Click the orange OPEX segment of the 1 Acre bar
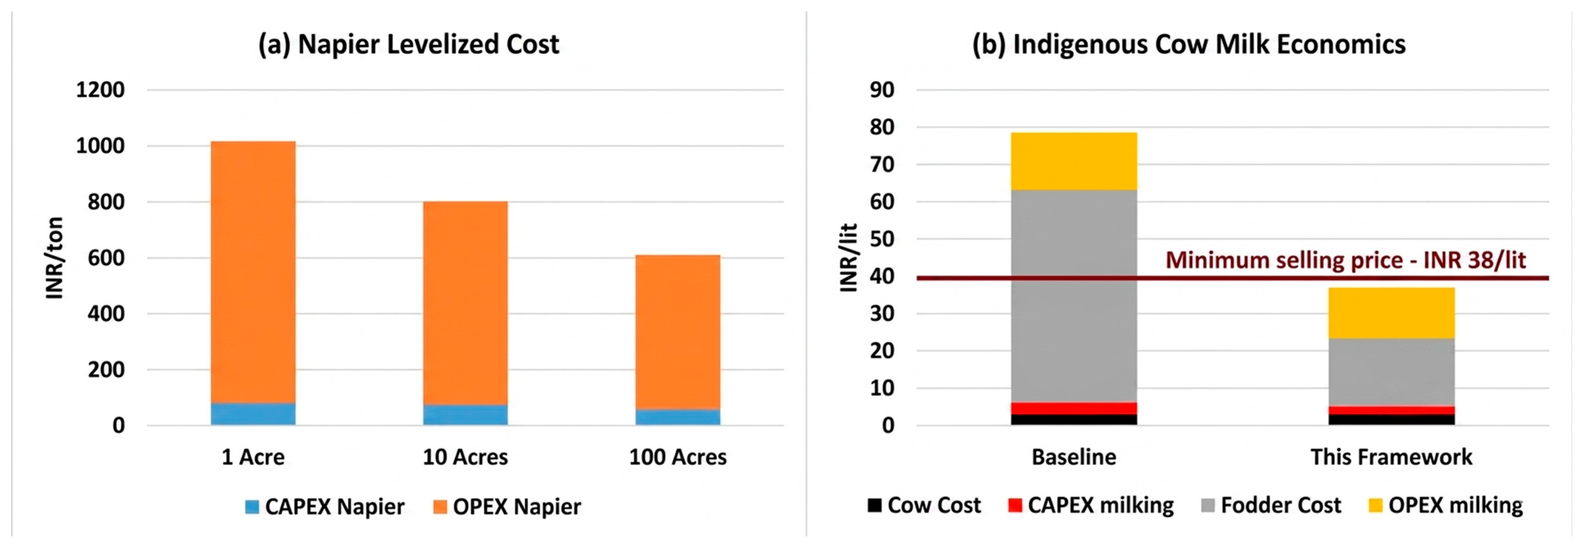click(x=253, y=272)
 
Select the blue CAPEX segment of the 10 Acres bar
click(x=465, y=415)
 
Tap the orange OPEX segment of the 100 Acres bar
click(x=678, y=332)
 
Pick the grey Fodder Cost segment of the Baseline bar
click(x=1074, y=296)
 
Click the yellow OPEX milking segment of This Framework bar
click(x=1391, y=313)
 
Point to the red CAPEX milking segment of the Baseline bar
click(x=1074, y=408)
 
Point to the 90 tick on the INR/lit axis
click(x=882, y=90)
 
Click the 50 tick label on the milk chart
click(x=882, y=239)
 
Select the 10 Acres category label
click(x=465, y=457)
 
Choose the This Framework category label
click(x=1391, y=457)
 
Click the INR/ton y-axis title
click(x=54, y=258)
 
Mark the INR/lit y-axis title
click(x=848, y=258)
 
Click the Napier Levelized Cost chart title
click(x=408, y=44)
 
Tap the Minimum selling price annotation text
click(x=1345, y=260)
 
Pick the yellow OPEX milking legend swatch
click(x=1375, y=505)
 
